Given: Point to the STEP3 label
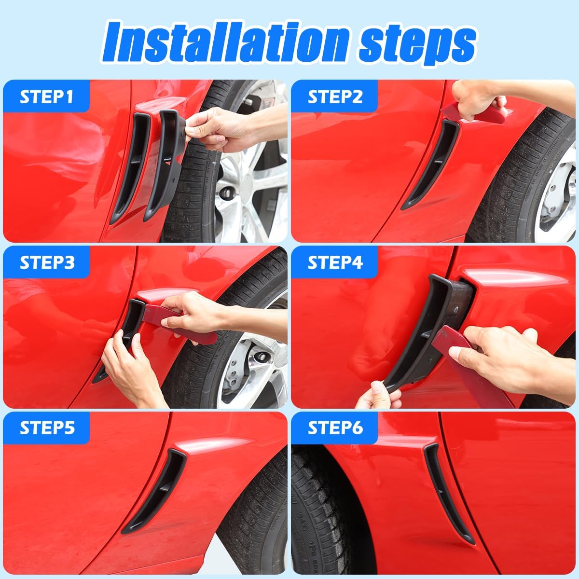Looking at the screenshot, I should pos(46,262).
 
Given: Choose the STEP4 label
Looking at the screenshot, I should pos(335,262).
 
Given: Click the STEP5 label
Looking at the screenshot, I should pos(46,428).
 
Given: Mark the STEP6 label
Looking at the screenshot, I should pos(335,428).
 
